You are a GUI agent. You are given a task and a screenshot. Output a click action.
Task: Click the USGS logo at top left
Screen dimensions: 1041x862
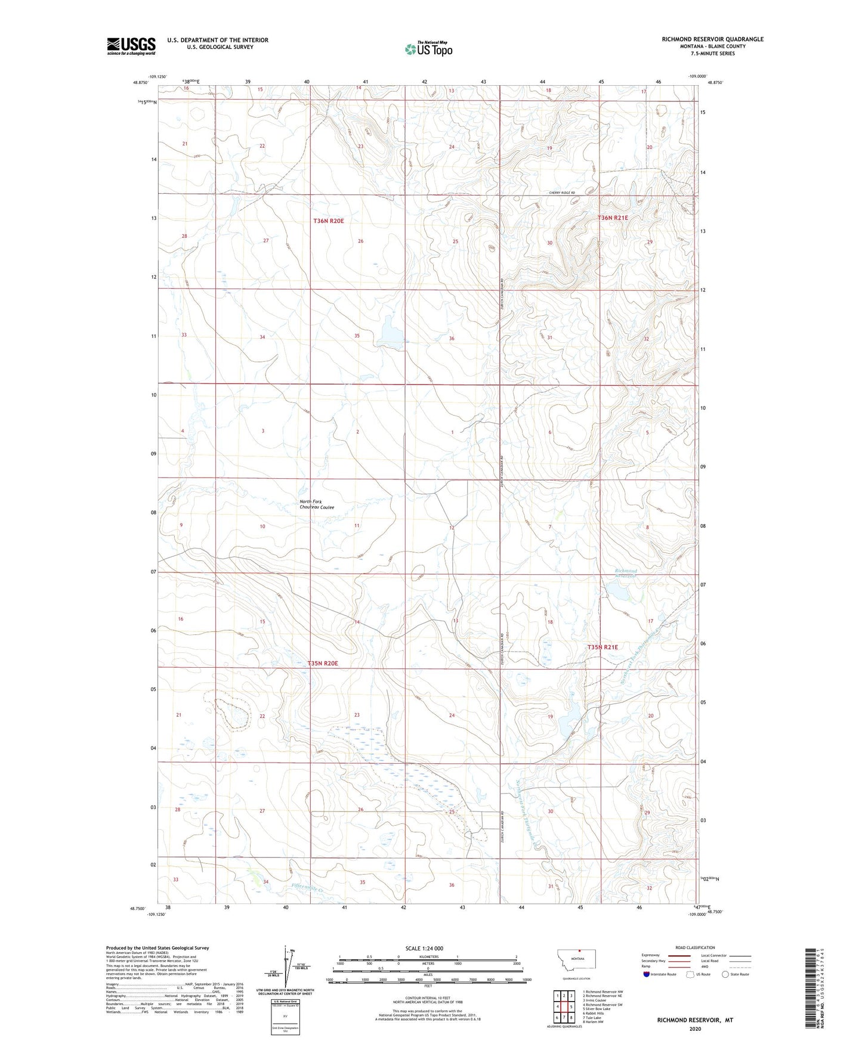[x=131, y=46]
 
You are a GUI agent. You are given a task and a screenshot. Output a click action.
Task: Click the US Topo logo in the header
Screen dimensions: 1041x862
[x=428, y=49]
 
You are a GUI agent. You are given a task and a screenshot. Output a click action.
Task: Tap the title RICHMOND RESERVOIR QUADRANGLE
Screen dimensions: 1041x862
[x=712, y=39]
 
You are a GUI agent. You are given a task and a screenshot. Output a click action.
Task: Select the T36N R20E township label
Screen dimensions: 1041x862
[x=329, y=221]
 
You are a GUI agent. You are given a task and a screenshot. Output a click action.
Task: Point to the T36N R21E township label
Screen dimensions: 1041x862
[x=613, y=218]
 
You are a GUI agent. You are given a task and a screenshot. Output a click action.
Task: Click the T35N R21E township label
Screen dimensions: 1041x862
[x=603, y=647]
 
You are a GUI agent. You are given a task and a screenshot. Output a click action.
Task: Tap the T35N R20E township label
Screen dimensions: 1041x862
[x=323, y=663]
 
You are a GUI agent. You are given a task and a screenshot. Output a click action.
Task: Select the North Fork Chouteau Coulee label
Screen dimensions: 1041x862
[x=317, y=504]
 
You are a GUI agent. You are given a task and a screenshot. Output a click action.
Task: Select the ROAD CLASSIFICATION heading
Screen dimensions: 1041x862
[x=695, y=947]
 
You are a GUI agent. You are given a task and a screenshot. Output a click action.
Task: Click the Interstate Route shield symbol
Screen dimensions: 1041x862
[x=647, y=974]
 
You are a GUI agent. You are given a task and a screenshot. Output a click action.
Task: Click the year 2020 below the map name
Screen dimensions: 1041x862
[x=694, y=1028]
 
